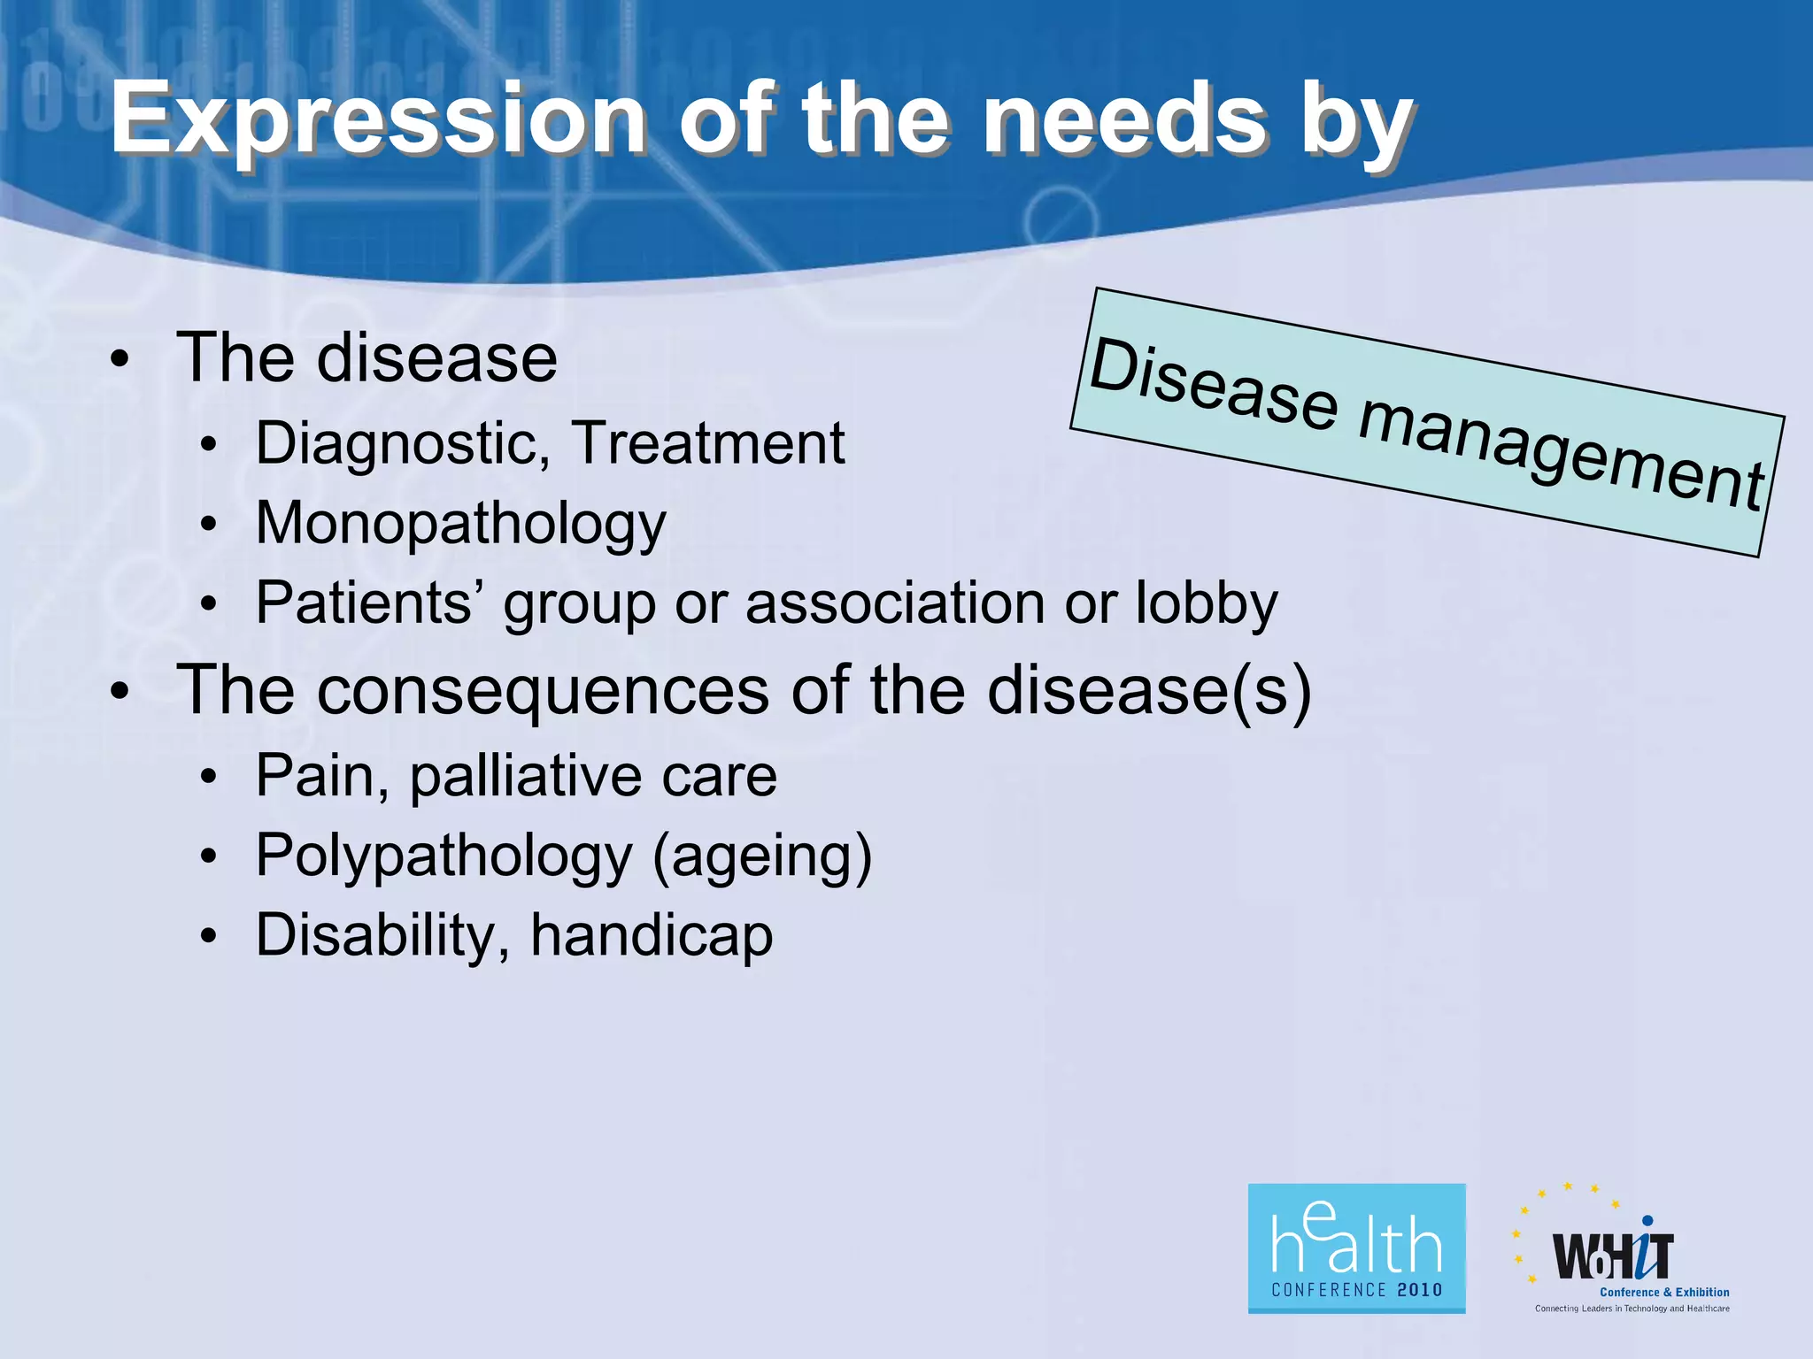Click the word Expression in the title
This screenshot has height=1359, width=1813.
click(379, 119)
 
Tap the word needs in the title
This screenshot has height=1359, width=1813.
click(1125, 119)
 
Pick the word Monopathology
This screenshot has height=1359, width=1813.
click(460, 525)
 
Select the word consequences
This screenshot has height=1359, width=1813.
click(544, 691)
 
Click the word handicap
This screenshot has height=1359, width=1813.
click(652, 937)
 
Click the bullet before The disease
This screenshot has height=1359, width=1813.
click(120, 361)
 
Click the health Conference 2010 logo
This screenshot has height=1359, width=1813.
click(1356, 1248)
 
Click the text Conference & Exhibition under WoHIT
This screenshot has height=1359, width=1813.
click(1664, 1292)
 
